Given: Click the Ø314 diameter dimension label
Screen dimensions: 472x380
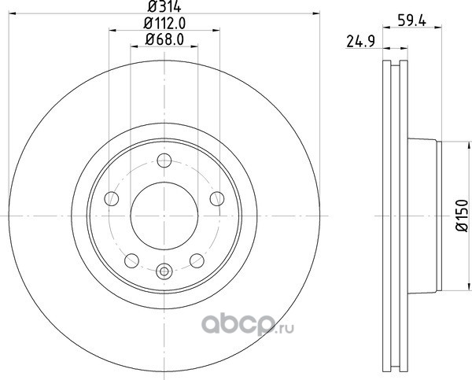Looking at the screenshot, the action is pyautogui.click(x=164, y=6).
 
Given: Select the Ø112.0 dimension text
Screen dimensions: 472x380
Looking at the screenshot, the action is pyautogui.click(x=164, y=23).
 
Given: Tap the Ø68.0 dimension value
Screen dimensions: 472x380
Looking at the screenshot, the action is pyautogui.click(x=164, y=39).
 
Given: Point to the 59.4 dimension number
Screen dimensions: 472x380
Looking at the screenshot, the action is pyautogui.click(x=411, y=21).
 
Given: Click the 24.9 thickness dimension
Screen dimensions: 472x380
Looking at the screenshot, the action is pyautogui.click(x=360, y=42).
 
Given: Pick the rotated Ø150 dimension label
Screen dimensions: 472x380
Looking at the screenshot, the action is pyautogui.click(x=463, y=216).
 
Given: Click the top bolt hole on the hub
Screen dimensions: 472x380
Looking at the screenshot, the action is pyautogui.click(x=164, y=160).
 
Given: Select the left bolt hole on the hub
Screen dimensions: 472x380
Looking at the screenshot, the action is pyautogui.click(x=112, y=199).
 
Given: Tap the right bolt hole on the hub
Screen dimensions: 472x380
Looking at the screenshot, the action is pyautogui.click(x=217, y=199).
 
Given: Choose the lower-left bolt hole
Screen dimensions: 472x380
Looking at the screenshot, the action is pyautogui.click(x=131, y=260).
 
